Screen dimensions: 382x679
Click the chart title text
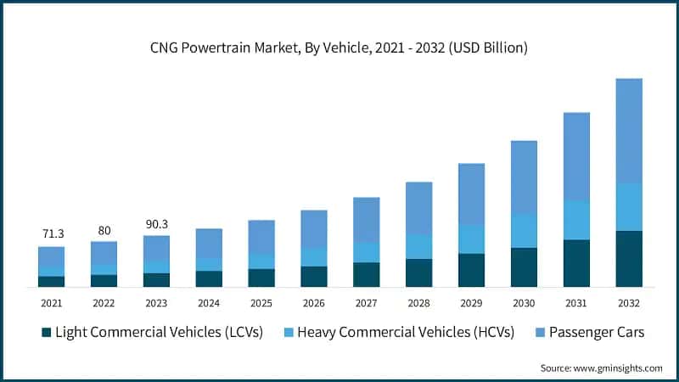pyautogui.click(x=339, y=48)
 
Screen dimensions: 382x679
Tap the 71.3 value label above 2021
pyautogui.click(x=52, y=233)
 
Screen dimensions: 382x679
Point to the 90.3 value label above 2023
pyautogui.click(x=156, y=223)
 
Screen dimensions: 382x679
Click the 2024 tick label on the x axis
pyautogui.click(x=209, y=302)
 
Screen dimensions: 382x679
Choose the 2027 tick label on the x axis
pyautogui.click(x=366, y=302)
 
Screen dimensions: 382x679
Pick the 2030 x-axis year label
pyautogui.click(x=524, y=302)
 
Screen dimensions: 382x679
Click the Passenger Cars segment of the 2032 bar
pyautogui.click(x=628, y=131)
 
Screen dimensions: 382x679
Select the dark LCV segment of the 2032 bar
pyautogui.click(x=628, y=259)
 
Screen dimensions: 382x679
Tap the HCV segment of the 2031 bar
pyautogui.click(x=576, y=221)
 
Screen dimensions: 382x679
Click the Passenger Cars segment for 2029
pyautogui.click(x=471, y=194)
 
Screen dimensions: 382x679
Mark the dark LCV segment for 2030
pyautogui.click(x=524, y=267)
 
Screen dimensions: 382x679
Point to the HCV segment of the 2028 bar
pyautogui.click(x=418, y=246)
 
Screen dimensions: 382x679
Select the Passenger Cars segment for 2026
pyautogui.click(x=313, y=229)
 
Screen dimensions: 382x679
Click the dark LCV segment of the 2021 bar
pyautogui.click(x=52, y=281)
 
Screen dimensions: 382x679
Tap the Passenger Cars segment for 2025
pyautogui.click(x=261, y=237)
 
